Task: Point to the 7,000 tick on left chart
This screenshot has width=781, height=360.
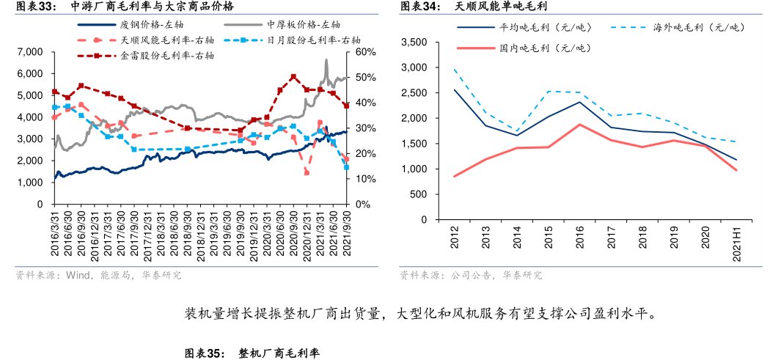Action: (x=31, y=52)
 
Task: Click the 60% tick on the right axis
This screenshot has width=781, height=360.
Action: (x=365, y=52)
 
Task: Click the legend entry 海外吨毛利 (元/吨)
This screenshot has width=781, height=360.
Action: (x=697, y=27)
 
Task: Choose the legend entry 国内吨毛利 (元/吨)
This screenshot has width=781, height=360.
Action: (x=544, y=48)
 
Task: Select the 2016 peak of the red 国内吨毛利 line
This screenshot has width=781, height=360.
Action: (x=579, y=125)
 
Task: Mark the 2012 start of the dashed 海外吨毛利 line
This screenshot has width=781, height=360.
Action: (x=455, y=70)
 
